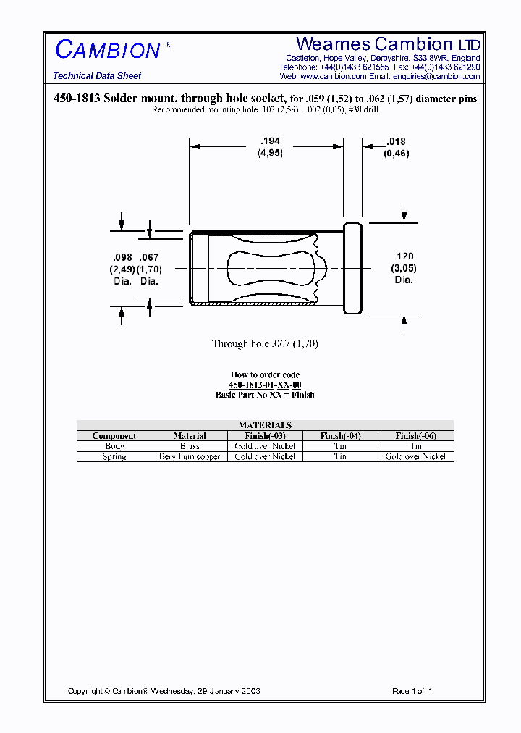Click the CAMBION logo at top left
pyautogui.click(x=109, y=50)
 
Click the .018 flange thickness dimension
pyautogui.click(x=396, y=142)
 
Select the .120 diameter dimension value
pyautogui.click(x=404, y=256)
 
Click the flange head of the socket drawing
pyautogui.click(x=352, y=268)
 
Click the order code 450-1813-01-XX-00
pyautogui.click(x=265, y=385)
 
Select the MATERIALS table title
pyautogui.click(x=265, y=425)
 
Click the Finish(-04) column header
pyautogui.click(x=340, y=436)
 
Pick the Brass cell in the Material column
pyautogui.click(x=190, y=446)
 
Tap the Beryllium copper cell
pyautogui.click(x=190, y=456)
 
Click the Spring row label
pyautogui.click(x=114, y=456)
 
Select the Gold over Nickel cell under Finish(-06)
pyautogui.click(x=415, y=456)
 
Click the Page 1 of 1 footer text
pyautogui.click(x=412, y=691)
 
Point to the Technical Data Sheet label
pyautogui.click(x=97, y=76)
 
